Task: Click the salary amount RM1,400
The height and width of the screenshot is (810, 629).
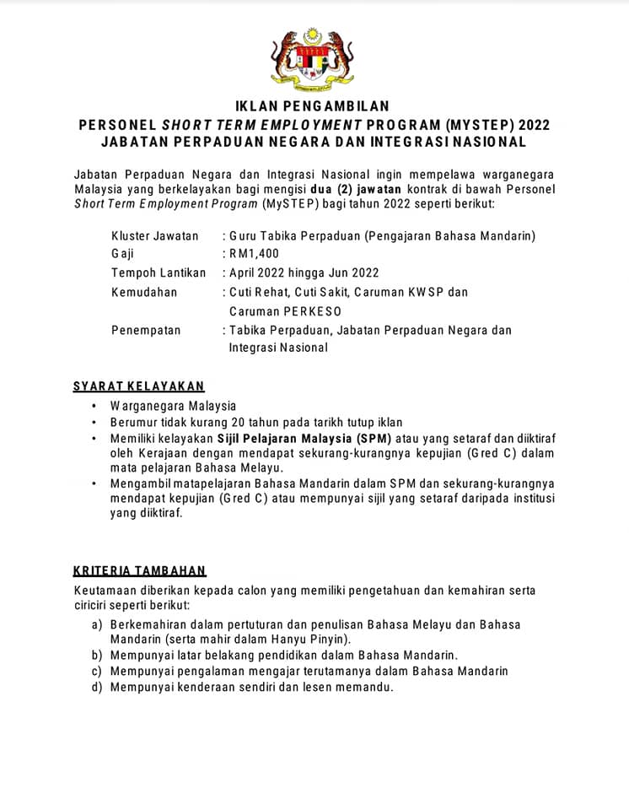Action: click(254, 254)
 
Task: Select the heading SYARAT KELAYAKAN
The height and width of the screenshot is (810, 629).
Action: click(138, 386)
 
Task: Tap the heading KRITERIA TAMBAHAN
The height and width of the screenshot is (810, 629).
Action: click(139, 571)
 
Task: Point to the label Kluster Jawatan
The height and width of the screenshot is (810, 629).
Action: click(155, 235)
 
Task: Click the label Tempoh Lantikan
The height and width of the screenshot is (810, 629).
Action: click(159, 273)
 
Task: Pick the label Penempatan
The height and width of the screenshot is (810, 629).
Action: click(146, 330)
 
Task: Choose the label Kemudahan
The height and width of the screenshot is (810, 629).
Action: click(144, 292)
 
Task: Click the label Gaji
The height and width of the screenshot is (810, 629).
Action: click(122, 254)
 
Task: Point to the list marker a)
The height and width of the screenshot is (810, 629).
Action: click(97, 624)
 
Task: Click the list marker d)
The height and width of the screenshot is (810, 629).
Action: click(97, 687)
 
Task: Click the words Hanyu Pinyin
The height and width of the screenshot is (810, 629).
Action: click(298, 640)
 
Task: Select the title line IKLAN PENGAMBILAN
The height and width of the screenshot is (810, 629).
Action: click(313, 106)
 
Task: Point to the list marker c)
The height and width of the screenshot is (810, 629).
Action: click(97, 671)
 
